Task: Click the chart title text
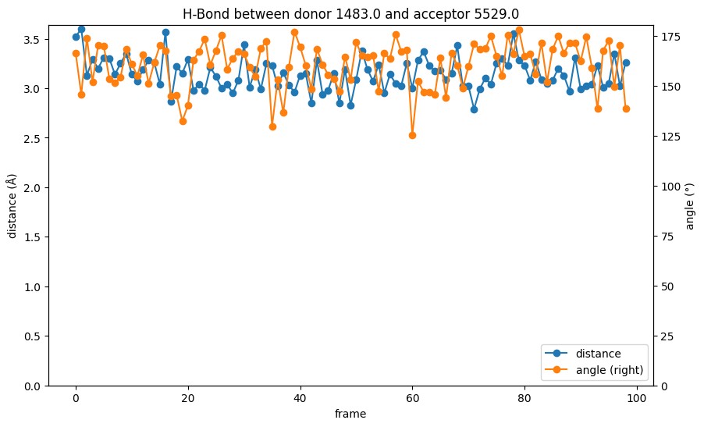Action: coord(350,14)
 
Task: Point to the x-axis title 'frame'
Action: coord(350,415)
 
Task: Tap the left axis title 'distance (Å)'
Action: coord(12,205)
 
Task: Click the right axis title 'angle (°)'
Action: coord(689,205)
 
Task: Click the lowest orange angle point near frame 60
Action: coord(412,135)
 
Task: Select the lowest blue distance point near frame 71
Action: coord(474,109)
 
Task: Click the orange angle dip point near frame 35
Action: coord(272,126)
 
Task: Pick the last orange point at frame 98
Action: coord(626,109)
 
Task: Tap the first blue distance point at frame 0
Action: coord(76,37)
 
